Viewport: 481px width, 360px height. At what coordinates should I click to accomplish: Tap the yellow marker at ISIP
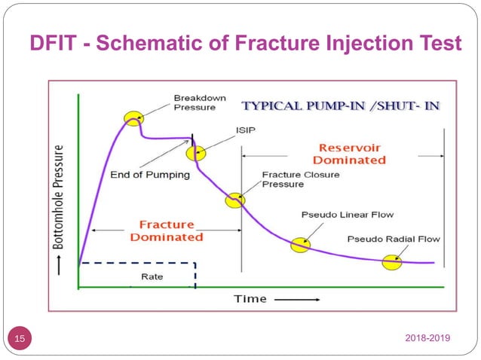point(195,153)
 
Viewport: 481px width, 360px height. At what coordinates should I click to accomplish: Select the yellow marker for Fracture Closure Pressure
point(234,200)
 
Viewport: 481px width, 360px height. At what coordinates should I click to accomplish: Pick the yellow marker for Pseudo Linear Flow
point(300,244)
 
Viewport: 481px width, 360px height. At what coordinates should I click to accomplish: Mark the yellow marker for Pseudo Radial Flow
point(391,262)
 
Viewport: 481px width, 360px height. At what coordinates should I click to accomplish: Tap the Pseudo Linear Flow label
point(347,215)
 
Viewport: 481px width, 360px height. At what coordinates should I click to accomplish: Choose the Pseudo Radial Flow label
point(394,239)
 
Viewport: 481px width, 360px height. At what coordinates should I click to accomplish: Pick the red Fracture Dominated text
point(167,230)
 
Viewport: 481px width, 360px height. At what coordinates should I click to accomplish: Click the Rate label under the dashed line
point(152,276)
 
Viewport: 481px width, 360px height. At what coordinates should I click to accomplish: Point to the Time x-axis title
point(250,298)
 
